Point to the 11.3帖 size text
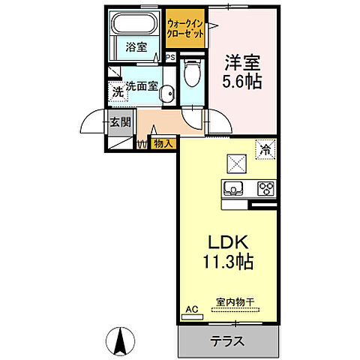[226, 262]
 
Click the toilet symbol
[191, 73]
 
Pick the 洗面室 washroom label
[141, 86]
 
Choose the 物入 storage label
[163, 142]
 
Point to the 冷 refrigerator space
[265, 148]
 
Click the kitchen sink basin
[232, 187]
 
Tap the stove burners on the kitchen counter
[266, 187]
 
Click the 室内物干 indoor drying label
[235, 302]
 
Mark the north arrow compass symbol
[118, 342]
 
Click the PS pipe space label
[170, 56]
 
